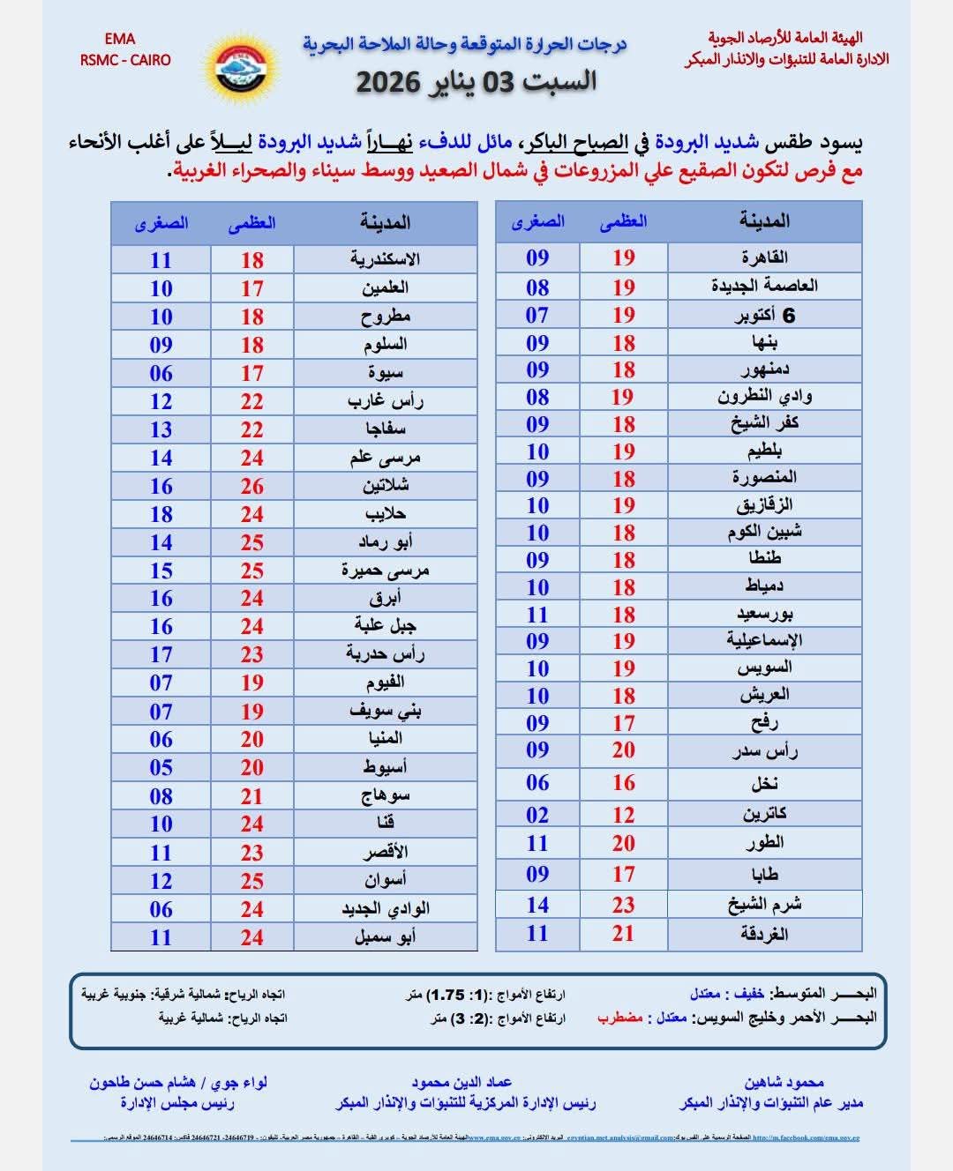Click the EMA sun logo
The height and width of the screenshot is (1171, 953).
[x=241, y=65]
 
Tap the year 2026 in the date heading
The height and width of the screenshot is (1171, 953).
[x=386, y=83]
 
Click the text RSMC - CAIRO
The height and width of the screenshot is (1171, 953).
[x=125, y=61]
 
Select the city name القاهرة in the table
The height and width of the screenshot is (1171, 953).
[x=764, y=257]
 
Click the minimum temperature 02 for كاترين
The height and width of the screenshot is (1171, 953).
[x=537, y=815]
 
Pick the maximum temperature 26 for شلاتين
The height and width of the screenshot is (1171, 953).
[x=252, y=486]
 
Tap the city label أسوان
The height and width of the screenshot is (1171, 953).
[x=386, y=880]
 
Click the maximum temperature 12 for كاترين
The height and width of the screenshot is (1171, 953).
[x=624, y=815]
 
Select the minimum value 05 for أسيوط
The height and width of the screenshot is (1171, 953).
[x=161, y=767]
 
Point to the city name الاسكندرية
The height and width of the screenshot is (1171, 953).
[x=385, y=259]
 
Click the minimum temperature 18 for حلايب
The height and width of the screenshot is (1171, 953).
[x=161, y=514]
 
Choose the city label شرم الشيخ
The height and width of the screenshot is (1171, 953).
[x=764, y=905]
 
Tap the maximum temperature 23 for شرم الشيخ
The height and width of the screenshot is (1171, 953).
[x=624, y=905]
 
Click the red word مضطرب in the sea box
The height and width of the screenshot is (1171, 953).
[x=620, y=1018]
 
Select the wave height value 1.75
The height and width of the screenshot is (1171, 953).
[x=446, y=995]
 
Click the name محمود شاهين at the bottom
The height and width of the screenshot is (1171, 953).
[x=784, y=1082]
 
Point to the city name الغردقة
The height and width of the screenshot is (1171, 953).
[x=764, y=934]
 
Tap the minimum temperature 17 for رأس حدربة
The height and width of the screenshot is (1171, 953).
[x=161, y=654]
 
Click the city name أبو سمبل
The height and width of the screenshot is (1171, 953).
[x=386, y=936]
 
